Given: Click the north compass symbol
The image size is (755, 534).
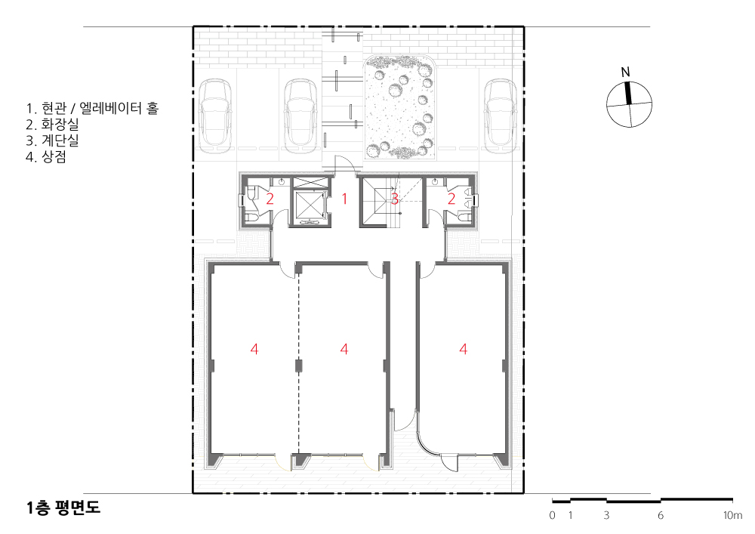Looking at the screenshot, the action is tap(629, 104).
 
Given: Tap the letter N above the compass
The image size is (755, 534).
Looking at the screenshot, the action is tap(625, 73).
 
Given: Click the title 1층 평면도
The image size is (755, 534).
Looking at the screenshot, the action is tap(63, 508).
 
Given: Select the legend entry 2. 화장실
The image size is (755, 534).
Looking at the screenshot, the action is tap(52, 124).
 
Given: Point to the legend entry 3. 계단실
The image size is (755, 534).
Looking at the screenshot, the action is tap(52, 140).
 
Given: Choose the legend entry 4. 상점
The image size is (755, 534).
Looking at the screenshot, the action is tap(46, 156).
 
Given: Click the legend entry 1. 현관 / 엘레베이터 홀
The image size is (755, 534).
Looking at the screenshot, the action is tap(92, 108).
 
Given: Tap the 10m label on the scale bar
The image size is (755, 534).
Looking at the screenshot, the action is tap(732, 515).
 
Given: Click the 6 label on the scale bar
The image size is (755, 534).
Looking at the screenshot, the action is tap(661, 515).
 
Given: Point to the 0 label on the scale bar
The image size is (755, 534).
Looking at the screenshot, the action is tap(553, 515).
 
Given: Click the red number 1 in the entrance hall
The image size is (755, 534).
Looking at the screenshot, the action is tap(344, 198).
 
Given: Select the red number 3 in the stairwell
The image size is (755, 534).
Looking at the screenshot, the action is tap(395, 199).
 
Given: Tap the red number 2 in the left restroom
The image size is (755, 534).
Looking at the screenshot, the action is tap(270, 199).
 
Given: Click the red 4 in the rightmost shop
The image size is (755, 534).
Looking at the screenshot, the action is tap(464, 349).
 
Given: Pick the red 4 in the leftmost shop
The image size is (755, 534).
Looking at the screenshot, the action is tap(254, 349).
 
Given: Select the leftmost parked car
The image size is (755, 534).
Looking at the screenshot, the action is tap(215, 116).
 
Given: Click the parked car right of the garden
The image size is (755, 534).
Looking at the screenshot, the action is tap(501, 116).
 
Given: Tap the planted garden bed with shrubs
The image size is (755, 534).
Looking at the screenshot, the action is tap(399, 107).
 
